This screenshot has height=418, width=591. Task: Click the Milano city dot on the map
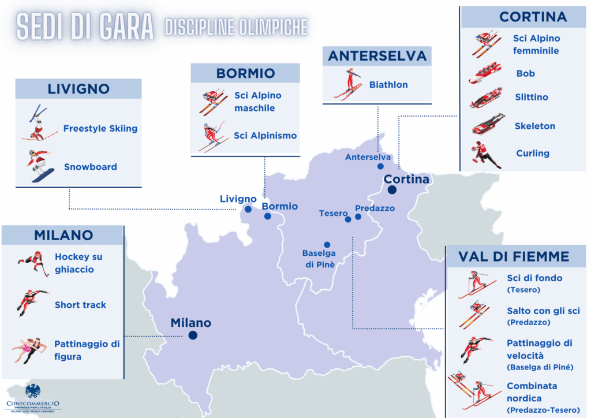click(193, 335)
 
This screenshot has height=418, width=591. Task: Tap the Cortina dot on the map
click(392, 190)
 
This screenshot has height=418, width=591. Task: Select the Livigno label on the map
click(238, 199)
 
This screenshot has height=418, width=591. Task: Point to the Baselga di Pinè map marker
click(327, 244)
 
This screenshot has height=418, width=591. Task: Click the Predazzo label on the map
click(375, 208)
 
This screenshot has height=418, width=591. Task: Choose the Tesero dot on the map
click(348, 219)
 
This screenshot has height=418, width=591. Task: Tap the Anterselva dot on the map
click(380, 166)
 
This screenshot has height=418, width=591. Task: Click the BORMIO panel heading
click(245, 73)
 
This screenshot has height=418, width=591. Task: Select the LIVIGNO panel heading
click(78, 89)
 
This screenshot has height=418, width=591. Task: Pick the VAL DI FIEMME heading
click(514, 256)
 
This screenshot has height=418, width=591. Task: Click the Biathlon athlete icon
click(349, 84)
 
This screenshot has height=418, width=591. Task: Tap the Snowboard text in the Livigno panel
click(90, 167)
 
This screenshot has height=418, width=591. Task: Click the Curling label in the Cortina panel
click(532, 153)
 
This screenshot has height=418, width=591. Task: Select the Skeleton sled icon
click(488, 125)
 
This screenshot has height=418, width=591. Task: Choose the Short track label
click(80, 305)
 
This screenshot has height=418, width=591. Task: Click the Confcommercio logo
click(33, 398)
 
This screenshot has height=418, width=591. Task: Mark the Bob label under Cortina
click(525, 73)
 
